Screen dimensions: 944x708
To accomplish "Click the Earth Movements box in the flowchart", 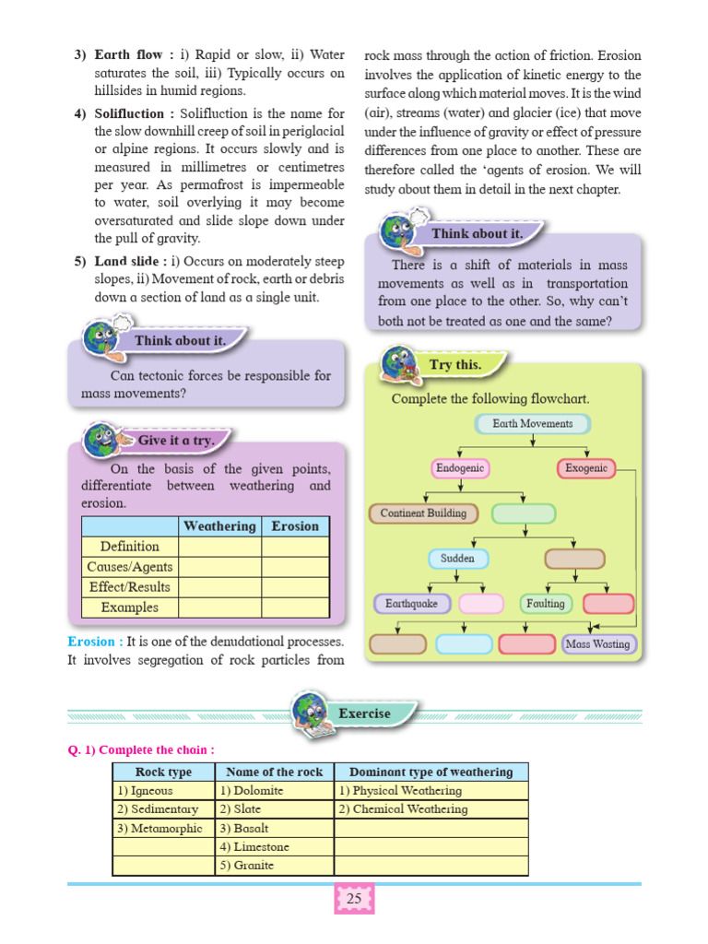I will click(x=533, y=424).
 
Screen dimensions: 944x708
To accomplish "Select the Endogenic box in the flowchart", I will click(x=460, y=468).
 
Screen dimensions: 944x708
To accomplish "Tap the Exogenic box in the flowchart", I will click(x=586, y=468).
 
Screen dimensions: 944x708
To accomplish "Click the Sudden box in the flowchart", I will click(x=458, y=559).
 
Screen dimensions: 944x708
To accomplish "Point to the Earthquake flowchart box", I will click(x=412, y=604).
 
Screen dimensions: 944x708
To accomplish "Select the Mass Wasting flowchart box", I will click(x=598, y=644).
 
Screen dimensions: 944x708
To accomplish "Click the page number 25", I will click(x=354, y=899).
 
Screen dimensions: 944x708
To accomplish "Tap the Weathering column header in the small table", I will click(x=219, y=526).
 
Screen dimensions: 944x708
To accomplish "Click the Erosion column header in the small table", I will click(x=295, y=526).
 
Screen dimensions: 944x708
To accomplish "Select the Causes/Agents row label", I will click(x=129, y=567).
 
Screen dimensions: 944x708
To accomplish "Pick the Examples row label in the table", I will click(x=129, y=608).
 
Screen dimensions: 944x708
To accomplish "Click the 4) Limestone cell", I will click(x=274, y=847).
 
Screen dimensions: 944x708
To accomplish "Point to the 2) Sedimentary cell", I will click(x=162, y=809).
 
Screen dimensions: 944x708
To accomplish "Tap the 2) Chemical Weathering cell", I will click(x=431, y=809).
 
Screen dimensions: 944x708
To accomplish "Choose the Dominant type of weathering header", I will click(x=431, y=772).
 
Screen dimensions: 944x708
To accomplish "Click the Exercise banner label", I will click(x=364, y=714).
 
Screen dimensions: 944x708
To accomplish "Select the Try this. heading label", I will click(x=454, y=365).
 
